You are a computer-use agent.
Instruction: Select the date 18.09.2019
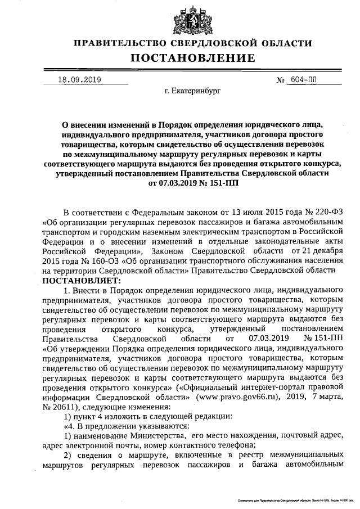tap(79, 80)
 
